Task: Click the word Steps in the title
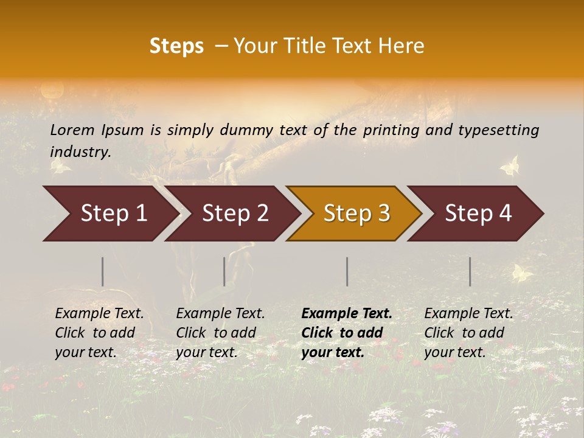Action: pyautogui.click(x=176, y=46)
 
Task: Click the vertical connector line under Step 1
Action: pyautogui.click(x=103, y=271)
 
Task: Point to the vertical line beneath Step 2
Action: pyautogui.click(x=224, y=271)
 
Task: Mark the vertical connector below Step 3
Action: pyautogui.click(x=347, y=271)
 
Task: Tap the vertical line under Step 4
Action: pyautogui.click(x=470, y=271)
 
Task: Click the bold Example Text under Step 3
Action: pyautogui.click(x=347, y=314)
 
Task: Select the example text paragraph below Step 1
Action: pyautogui.click(x=99, y=333)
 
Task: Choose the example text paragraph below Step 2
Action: pyautogui.click(x=220, y=333)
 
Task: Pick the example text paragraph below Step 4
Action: pyautogui.click(x=468, y=333)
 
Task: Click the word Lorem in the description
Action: pyautogui.click(x=72, y=130)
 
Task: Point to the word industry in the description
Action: pyautogui.click(x=80, y=152)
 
